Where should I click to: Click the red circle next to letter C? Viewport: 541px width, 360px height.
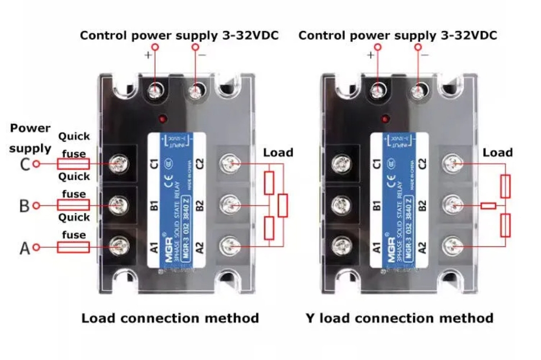coord(36,164)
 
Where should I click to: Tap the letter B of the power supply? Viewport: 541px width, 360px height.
coord(24,206)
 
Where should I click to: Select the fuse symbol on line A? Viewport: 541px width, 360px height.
coord(73,247)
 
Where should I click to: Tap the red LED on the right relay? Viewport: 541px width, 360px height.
coord(386,118)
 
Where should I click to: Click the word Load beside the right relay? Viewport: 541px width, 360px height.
coord(497,153)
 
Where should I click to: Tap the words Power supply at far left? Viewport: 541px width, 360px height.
coord(30,138)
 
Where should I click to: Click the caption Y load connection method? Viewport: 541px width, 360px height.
coord(399,318)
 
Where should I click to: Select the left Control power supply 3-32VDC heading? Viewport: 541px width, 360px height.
coord(179,36)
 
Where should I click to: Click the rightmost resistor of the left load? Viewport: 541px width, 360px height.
coord(283,206)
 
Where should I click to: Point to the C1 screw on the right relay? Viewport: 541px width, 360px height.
coord(342,163)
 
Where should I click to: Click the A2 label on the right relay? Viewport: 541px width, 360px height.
coord(422,246)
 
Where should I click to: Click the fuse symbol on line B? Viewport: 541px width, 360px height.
coord(73,205)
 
